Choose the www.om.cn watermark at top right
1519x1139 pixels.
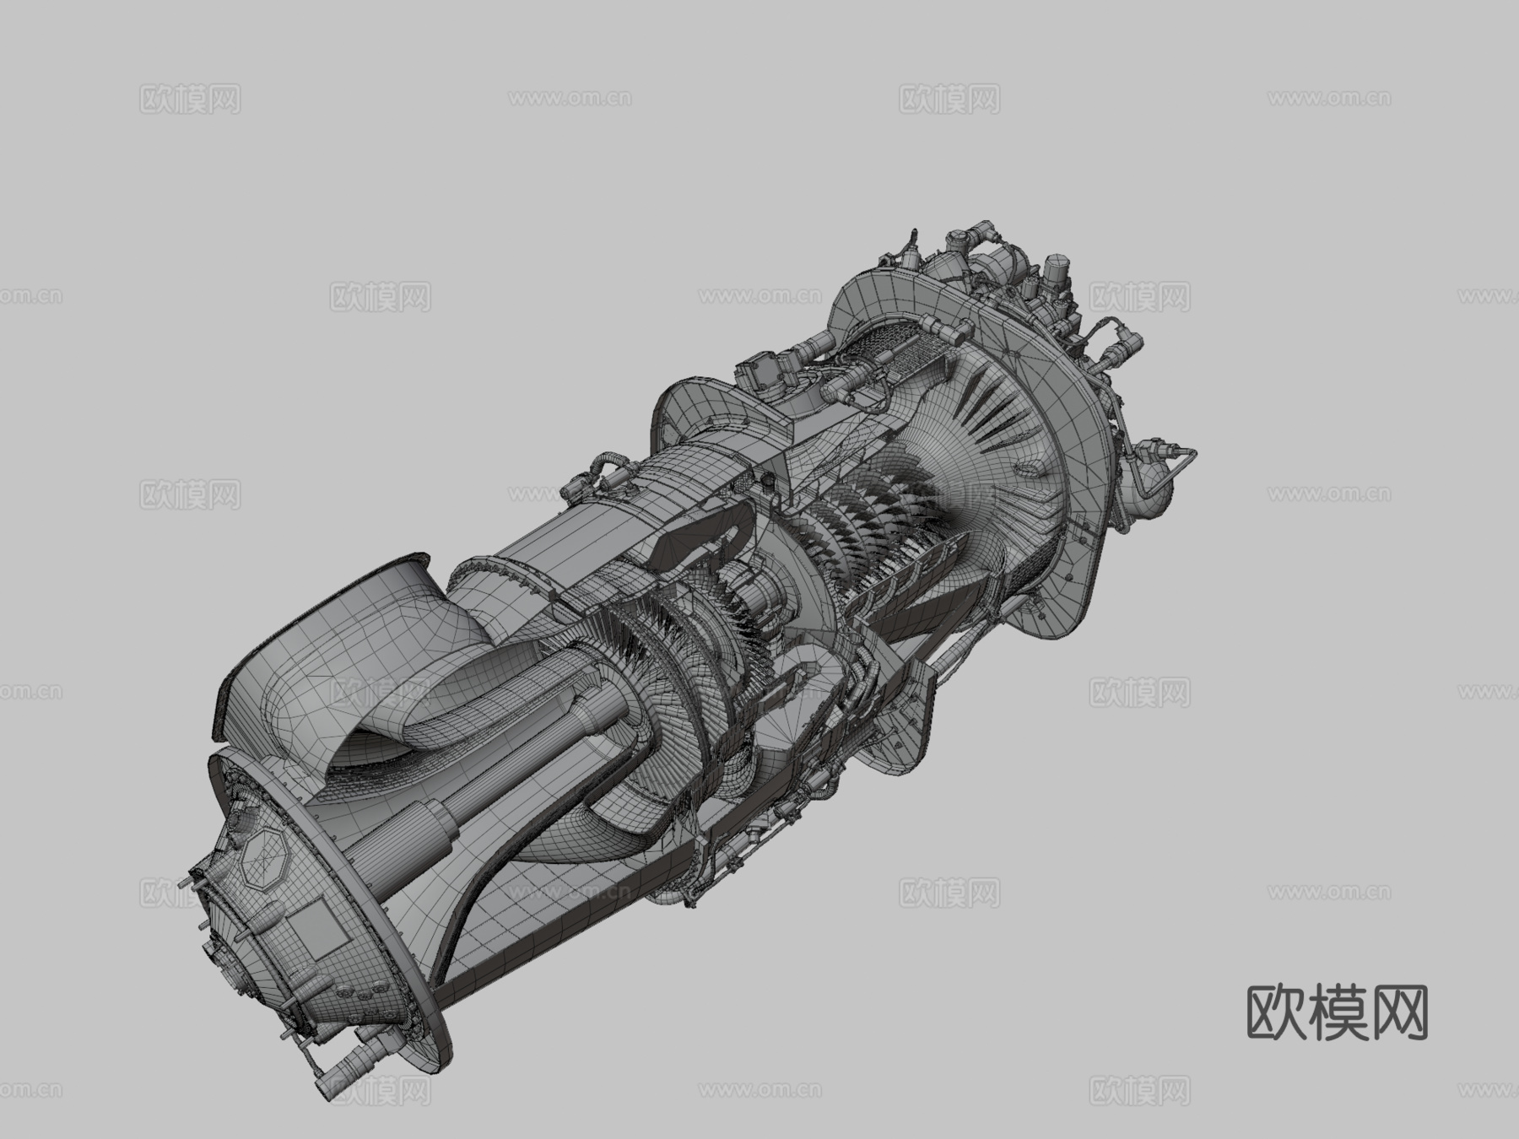(x=1328, y=99)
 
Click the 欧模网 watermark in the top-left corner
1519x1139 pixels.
(x=190, y=99)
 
